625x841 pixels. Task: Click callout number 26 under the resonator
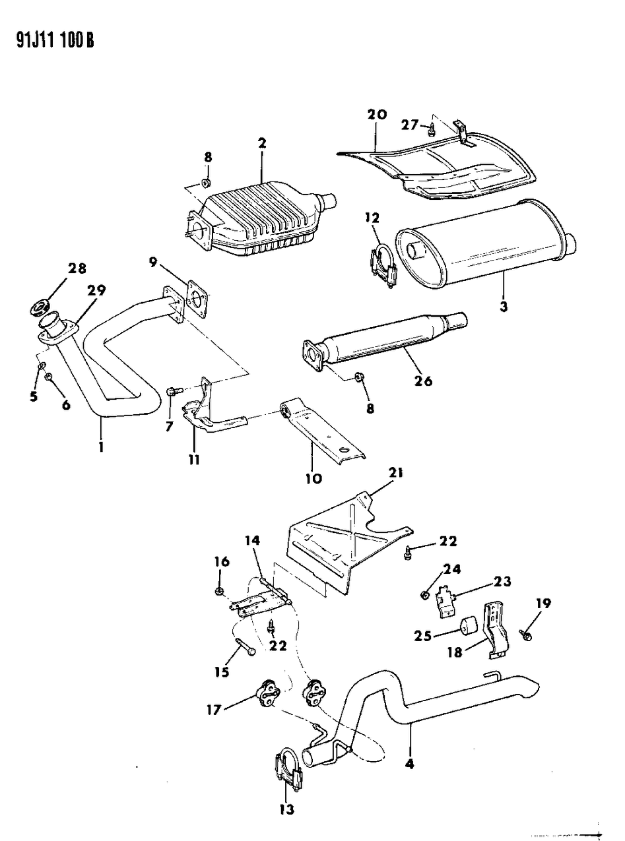coord(423,381)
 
